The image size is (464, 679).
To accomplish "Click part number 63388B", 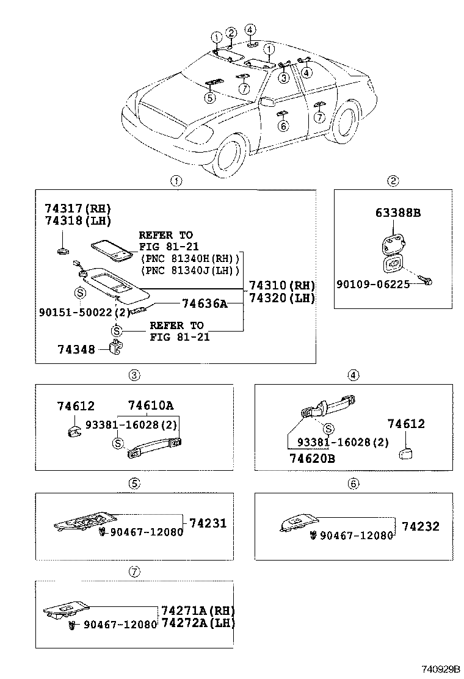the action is pos(398,212).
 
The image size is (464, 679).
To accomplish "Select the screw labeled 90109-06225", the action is pos(426,280).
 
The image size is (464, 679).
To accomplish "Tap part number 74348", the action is pos(76,349).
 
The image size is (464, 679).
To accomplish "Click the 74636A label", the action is pos(205,303).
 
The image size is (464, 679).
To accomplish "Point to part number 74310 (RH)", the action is pos(282,285).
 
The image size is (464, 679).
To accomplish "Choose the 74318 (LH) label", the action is pos(78,220).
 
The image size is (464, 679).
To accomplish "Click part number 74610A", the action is pos(151,405).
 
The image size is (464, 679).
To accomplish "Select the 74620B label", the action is pos(312,458).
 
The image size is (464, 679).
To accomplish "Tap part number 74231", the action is pos(208,523).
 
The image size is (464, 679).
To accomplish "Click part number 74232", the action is pos(421,526).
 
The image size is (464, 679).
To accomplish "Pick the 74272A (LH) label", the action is pos(198,623).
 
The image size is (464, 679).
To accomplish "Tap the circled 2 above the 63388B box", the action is pos(393,181).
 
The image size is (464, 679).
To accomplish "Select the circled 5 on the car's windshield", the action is pos(210,98).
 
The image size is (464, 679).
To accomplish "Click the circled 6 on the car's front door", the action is pos(283,126).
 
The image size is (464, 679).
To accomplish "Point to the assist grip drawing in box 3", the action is pos(154,448).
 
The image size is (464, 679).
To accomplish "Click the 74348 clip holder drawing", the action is pos(115,347).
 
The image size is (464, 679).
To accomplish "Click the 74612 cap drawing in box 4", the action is pos(405,454).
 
